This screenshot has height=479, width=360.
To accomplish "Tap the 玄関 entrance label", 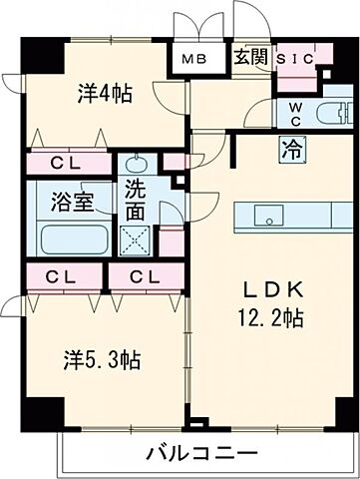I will (x=249, y=57).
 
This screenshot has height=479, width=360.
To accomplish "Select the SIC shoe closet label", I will (x=294, y=59).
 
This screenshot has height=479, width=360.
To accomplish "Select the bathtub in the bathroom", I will (x=74, y=239).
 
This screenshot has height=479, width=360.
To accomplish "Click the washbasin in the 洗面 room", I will (x=137, y=166).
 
